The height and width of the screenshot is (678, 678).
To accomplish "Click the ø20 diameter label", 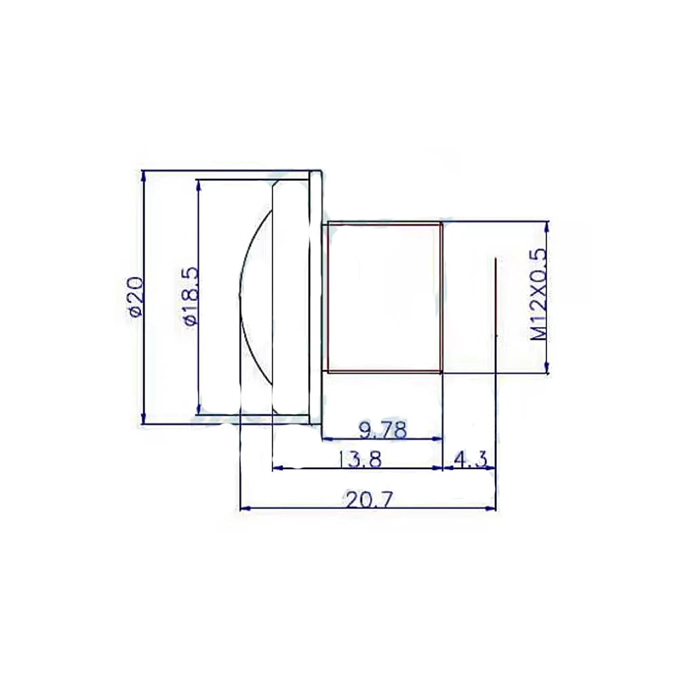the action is [x=136, y=297].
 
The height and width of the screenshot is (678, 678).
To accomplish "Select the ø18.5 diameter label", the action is [x=191, y=296].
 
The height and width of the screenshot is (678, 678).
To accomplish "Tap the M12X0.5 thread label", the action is [x=539, y=296].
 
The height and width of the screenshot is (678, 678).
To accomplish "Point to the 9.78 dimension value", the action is [x=384, y=431].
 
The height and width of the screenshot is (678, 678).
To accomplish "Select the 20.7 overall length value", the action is [x=369, y=500].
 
